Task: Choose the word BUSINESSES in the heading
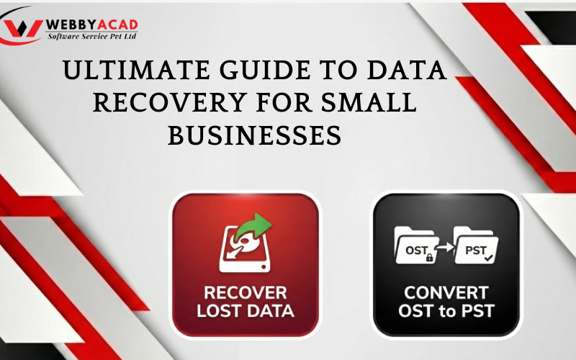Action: tap(254, 134)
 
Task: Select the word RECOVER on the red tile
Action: tap(245, 294)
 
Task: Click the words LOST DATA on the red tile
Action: tap(245, 312)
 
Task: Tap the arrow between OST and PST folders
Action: tap(446, 248)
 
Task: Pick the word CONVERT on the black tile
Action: tap(446, 294)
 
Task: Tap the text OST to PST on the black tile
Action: tap(446, 312)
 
